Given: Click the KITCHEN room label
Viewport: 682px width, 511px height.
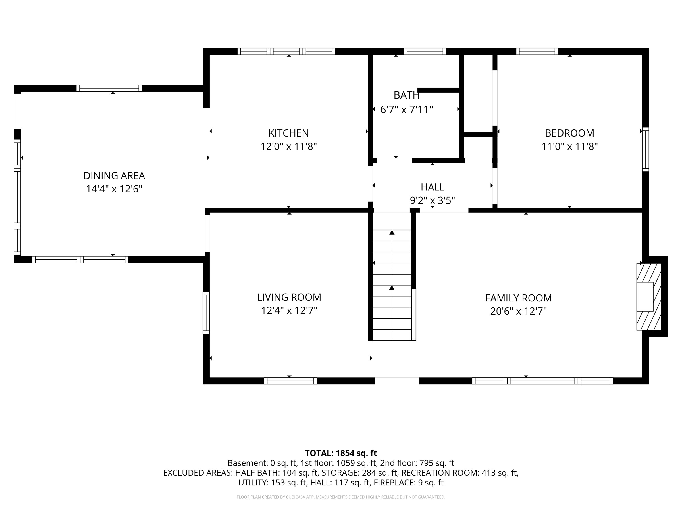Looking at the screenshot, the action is tap(289, 133).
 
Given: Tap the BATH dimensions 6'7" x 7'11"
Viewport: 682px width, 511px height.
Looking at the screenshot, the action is tap(407, 110).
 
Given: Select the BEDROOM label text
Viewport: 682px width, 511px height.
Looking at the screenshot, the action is tap(569, 133).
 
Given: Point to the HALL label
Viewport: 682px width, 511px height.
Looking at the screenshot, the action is tap(432, 187).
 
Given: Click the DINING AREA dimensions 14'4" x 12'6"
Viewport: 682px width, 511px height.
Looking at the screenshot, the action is tap(114, 189).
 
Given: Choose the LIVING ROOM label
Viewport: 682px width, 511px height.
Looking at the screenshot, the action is tap(289, 297).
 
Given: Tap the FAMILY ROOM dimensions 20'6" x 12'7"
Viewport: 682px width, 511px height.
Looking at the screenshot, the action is tap(518, 311).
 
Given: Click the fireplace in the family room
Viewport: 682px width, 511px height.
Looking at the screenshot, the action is tap(649, 296).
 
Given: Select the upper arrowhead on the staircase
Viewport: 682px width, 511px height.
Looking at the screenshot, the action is tap(392, 232).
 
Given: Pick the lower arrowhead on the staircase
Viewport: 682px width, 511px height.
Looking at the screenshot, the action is tap(392, 287).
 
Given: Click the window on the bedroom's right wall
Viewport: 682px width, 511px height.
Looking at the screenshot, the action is tap(645, 149).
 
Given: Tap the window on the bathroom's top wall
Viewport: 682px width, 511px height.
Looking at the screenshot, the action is tap(425, 51).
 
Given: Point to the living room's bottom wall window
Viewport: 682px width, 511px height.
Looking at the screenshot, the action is tap(290, 381).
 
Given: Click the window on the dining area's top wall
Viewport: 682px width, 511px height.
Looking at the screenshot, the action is tap(109, 88).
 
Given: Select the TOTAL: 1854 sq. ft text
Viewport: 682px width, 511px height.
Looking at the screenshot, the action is tap(341, 453).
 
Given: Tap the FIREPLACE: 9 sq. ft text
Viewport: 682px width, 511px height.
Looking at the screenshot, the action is tap(409, 483).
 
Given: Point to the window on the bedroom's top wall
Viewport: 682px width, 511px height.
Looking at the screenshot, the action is tap(537, 51).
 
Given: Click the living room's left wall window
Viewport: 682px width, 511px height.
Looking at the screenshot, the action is tap(206, 313).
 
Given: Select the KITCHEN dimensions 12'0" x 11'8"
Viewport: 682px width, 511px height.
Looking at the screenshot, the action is tap(289, 146).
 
